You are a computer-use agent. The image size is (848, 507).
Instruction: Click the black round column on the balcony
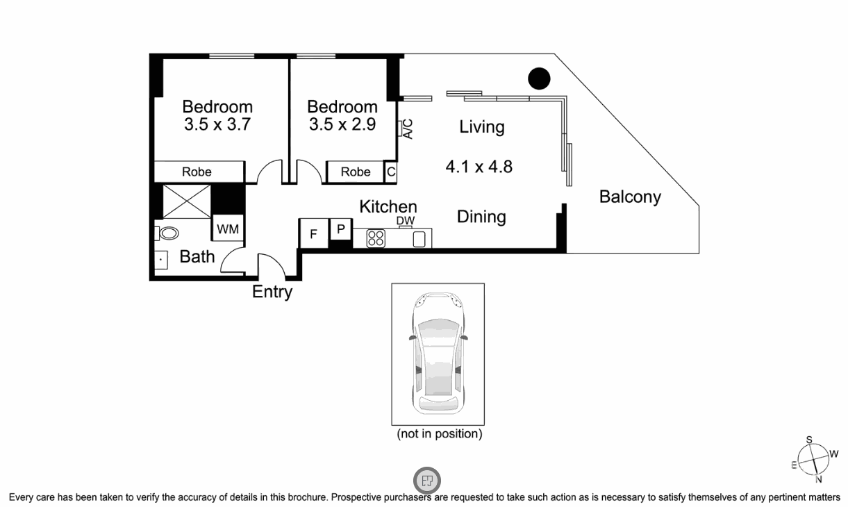pyautogui.click(x=539, y=78)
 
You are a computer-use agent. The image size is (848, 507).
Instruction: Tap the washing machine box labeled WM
pyautogui.click(x=228, y=228)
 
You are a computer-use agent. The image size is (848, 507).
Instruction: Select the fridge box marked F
pyautogui.click(x=313, y=233)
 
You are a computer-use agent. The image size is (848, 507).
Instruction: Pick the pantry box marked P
pyautogui.click(x=341, y=228)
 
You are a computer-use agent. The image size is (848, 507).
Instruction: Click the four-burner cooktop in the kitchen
pyautogui.click(x=376, y=238)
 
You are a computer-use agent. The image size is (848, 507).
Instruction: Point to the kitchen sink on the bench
pyautogui.click(x=419, y=240)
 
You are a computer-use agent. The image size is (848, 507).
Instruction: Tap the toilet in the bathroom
pyautogui.click(x=167, y=233)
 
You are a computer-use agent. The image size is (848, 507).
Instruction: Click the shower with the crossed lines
pyautogui.click(x=187, y=201)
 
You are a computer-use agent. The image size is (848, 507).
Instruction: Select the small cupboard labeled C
pyautogui.click(x=391, y=172)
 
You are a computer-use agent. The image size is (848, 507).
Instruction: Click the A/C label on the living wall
pyautogui.click(x=408, y=129)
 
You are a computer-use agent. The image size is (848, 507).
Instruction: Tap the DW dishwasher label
pyautogui.click(x=406, y=220)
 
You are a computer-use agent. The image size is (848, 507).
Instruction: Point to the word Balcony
pyautogui.click(x=630, y=197)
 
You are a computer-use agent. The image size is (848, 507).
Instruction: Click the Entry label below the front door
pyautogui.click(x=272, y=292)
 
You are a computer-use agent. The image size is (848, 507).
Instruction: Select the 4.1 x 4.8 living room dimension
pyautogui.click(x=479, y=167)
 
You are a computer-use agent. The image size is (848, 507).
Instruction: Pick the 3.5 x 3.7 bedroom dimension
pyautogui.click(x=217, y=124)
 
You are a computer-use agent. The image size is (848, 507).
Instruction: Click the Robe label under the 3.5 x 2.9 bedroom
pyautogui.click(x=356, y=172)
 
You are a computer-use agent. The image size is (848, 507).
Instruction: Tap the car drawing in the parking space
pyautogui.click(x=438, y=354)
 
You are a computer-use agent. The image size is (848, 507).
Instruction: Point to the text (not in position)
pyautogui.click(x=440, y=433)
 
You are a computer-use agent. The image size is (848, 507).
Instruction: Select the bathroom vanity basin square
pyautogui.click(x=161, y=260)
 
